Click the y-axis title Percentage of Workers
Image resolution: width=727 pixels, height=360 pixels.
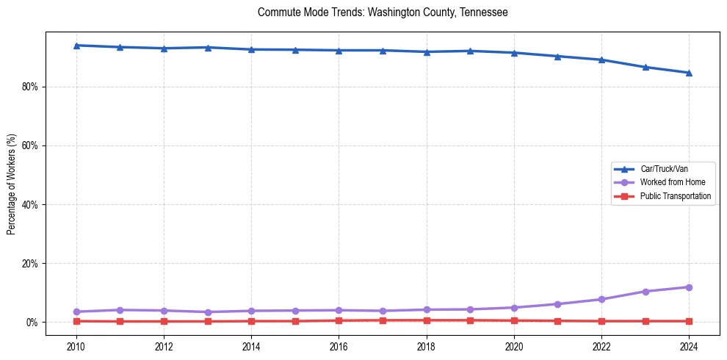point(12,184)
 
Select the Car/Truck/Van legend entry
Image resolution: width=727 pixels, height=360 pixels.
point(664,169)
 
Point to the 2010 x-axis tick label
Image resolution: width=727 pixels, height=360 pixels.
point(76,345)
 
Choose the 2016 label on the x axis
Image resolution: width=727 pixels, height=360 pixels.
point(339,345)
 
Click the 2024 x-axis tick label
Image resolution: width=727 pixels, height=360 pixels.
point(689,345)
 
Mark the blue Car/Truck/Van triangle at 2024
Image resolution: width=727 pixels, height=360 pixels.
point(689,73)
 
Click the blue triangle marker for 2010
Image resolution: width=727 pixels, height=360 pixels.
point(76,46)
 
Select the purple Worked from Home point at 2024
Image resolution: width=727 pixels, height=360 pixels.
point(689,287)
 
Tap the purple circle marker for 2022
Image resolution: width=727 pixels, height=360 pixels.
point(601,299)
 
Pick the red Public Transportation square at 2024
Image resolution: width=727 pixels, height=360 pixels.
point(689,321)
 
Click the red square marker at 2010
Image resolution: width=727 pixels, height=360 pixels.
point(76,321)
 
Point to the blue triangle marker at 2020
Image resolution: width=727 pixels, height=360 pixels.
point(514,53)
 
